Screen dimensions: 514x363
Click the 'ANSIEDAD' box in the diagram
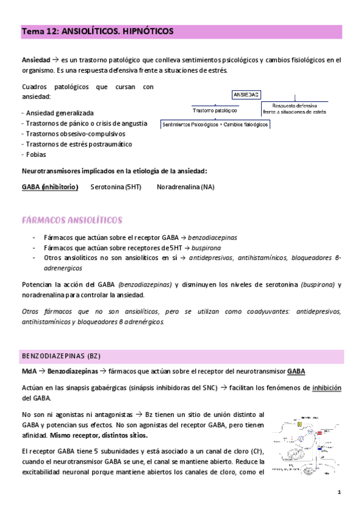246,95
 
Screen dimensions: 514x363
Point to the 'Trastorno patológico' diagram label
215,111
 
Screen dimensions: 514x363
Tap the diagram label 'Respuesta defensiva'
295,105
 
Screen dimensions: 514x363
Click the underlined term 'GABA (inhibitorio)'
50,187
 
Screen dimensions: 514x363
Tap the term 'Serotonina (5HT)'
116,187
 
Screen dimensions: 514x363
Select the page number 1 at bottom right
340,492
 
